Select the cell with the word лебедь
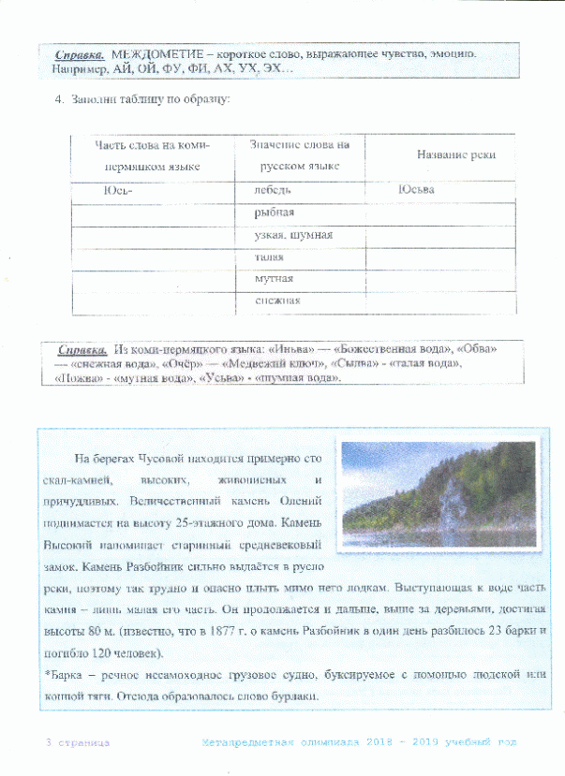click(273, 190)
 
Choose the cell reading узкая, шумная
click(293, 235)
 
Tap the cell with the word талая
click(270, 256)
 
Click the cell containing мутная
click(275, 279)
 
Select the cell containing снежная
click(277, 300)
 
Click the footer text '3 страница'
click(79, 741)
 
